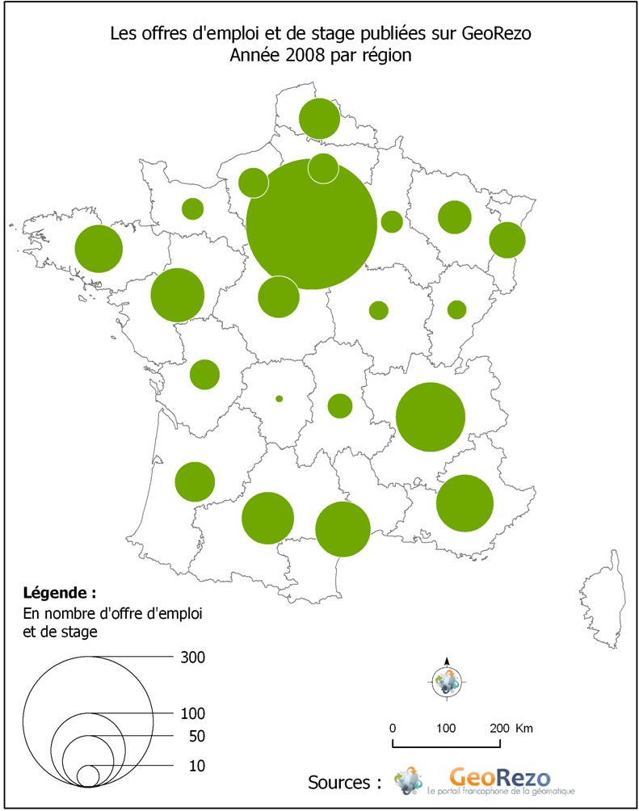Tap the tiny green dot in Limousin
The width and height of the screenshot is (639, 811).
(280, 398)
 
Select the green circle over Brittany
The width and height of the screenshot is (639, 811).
(99, 249)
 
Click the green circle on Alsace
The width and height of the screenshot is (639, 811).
(507, 239)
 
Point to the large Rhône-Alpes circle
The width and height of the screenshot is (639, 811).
(431, 417)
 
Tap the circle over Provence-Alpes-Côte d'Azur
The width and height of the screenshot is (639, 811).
(465, 502)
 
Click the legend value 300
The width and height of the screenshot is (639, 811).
(194, 658)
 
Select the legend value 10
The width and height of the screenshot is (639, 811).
(196, 765)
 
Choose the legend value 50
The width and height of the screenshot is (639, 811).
(196, 736)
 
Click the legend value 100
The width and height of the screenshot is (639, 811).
(194, 713)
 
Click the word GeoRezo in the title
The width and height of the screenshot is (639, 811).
(497, 35)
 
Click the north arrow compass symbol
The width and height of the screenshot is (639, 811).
(447, 680)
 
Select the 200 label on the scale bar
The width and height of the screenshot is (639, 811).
(498, 728)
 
